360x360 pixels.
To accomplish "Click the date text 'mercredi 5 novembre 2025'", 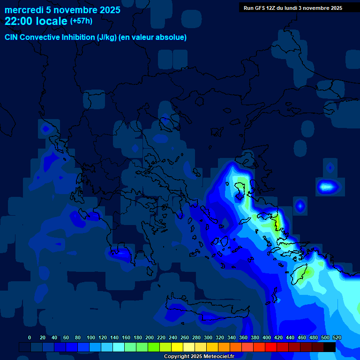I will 62,10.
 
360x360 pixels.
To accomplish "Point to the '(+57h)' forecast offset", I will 82,21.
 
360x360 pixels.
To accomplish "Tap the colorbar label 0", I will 30,337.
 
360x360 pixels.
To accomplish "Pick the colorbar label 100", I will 91,337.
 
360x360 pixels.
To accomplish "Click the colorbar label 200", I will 150,337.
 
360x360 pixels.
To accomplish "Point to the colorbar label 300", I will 208,337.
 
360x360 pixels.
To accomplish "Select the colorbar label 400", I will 267,337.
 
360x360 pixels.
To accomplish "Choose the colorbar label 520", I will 337,337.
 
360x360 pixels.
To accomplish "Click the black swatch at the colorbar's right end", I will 330,347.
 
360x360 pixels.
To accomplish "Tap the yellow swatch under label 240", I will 177,347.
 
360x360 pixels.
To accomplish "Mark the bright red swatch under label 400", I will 271,347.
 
